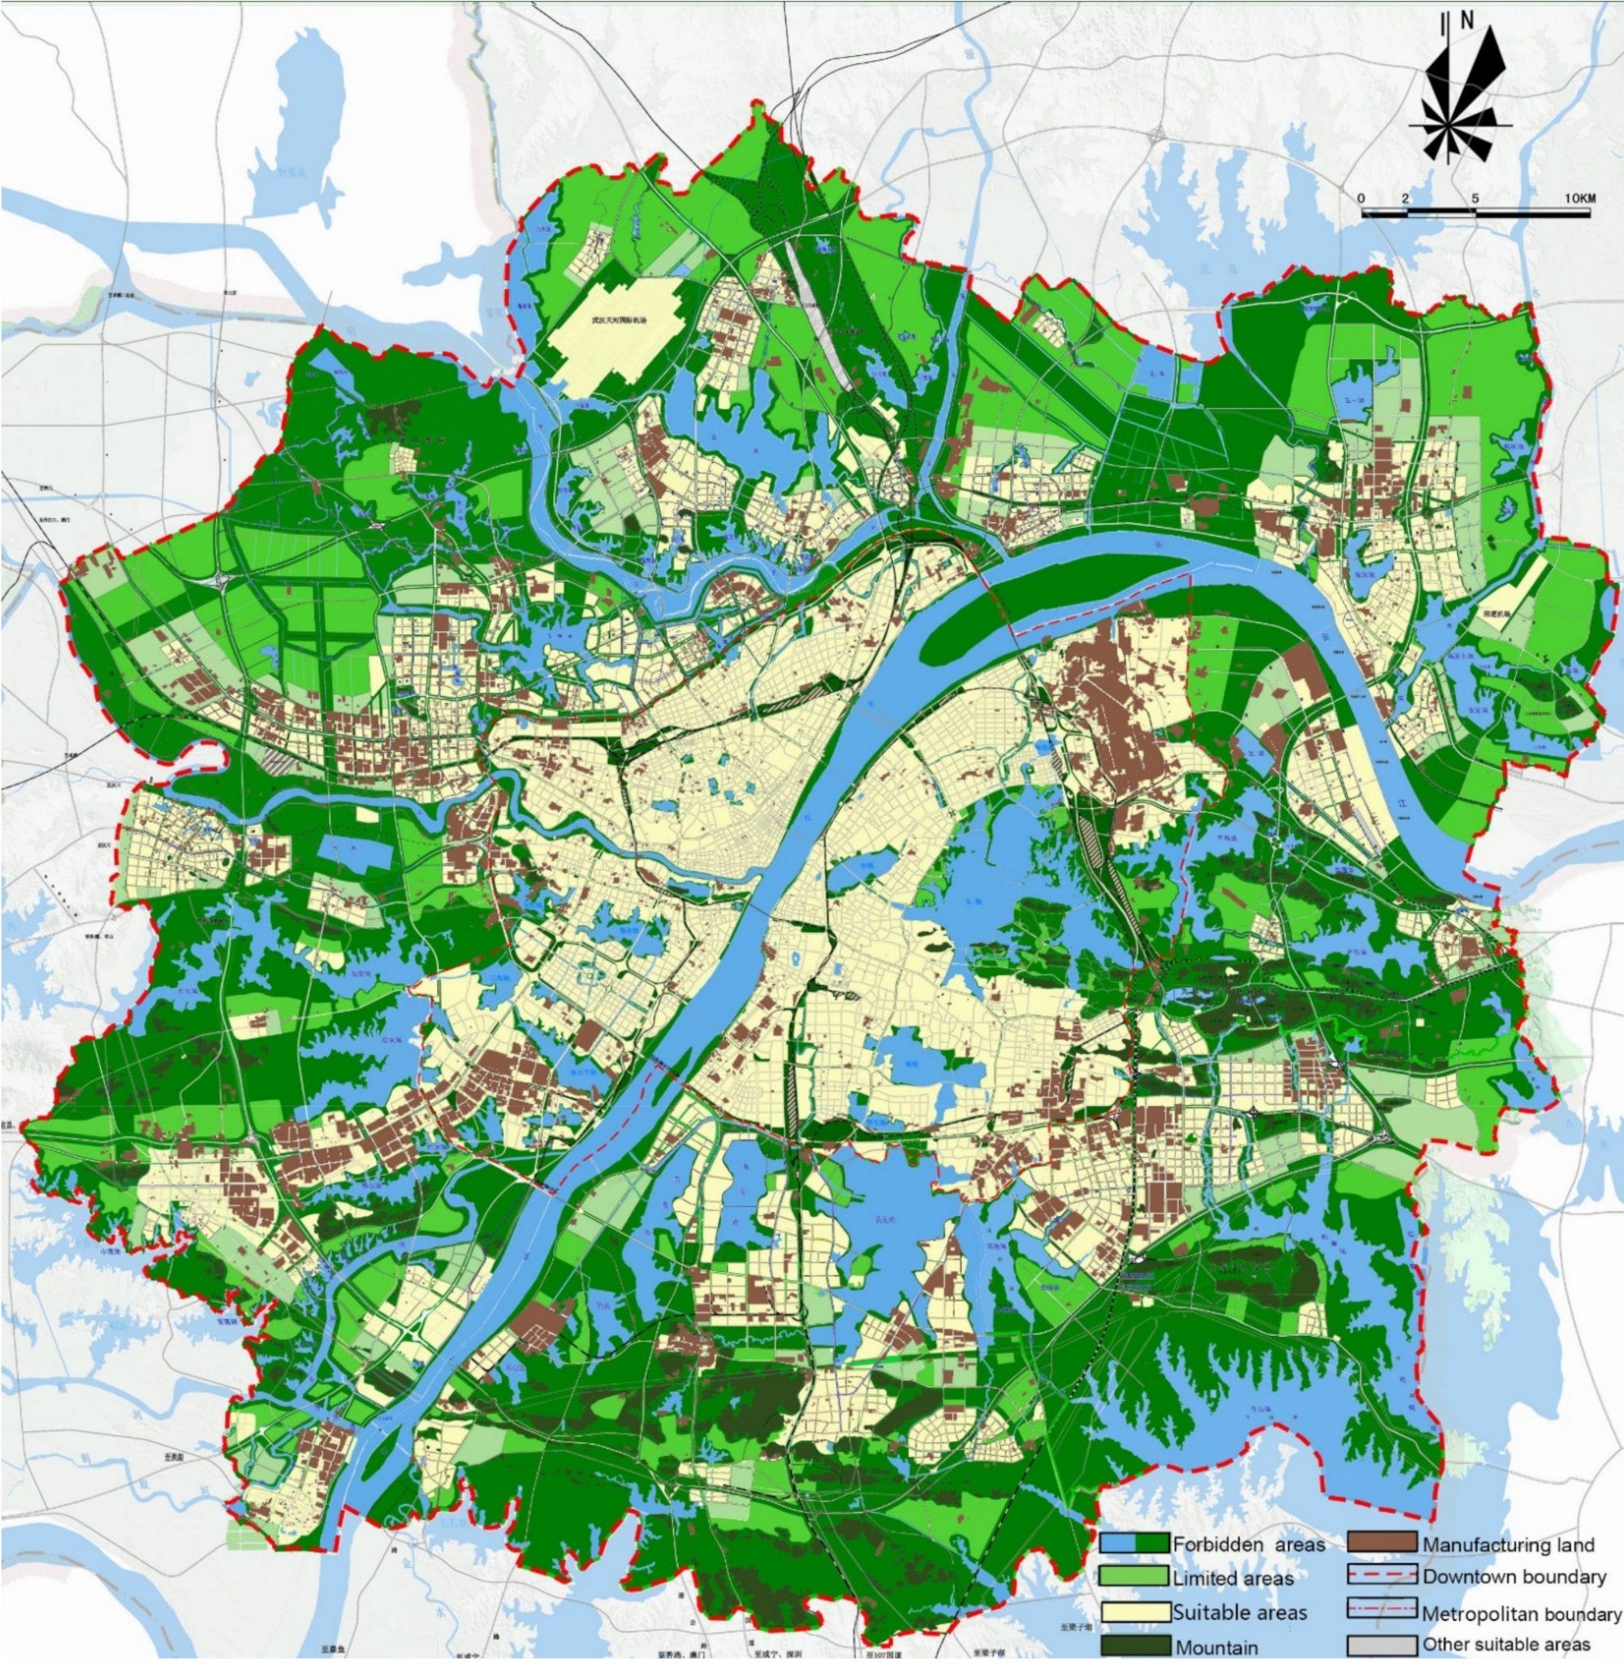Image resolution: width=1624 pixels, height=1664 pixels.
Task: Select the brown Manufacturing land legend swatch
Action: pyautogui.click(x=1382, y=1543)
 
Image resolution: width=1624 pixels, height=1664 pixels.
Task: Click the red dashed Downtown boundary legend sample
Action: pyautogui.click(x=1382, y=1575)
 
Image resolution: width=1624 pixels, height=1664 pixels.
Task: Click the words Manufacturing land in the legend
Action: pyautogui.click(x=1508, y=1545)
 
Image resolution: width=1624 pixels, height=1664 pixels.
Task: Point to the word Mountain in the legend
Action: pyautogui.click(x=1216, y=1646)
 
